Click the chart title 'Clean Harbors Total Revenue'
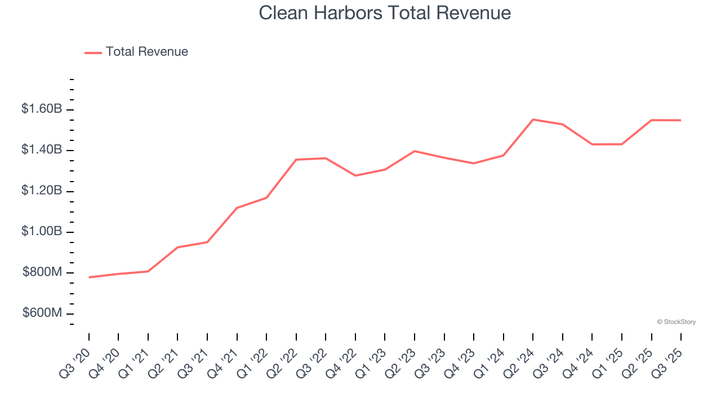(x=385, y=13)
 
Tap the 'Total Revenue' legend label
(x=146, y=52)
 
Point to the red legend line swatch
(x=93, y=52)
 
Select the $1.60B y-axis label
(x=42, y=109)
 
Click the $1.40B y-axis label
(x=42, y=150)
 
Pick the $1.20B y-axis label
(x=42, y=191)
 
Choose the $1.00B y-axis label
(x=42, y=232)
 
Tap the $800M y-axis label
(x=42, y=273)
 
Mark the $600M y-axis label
(x=42, y=314)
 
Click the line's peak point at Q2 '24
(x=533, y=120)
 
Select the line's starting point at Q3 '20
(x=89, y=277)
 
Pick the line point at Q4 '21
(x=237, y=208)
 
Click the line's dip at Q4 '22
(x=355, y=175)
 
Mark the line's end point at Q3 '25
(x=681, y=120)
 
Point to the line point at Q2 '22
(x=296, y=160)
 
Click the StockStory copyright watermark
(x=676, y=322)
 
